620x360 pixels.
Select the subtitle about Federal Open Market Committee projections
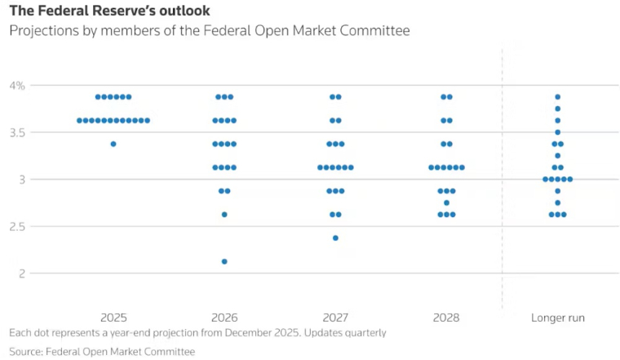[x=209, y=31]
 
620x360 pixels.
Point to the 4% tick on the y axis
[x=17, y=86]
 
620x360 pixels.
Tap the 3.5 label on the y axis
[x=17, y=132]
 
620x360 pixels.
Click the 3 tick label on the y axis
[x=22, y=180]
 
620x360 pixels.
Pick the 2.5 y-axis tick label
[x=17, y=226]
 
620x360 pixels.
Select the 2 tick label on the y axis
[x=22, y=273]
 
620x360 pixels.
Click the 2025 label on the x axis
[x=113, y=318]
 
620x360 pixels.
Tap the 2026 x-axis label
[x=224, y=318]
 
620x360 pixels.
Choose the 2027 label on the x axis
[x=335, y=318]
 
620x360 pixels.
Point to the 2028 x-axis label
[x=446, y=318]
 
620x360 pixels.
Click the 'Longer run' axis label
[x=557, y=318]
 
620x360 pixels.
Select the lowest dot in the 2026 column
[x=224, y=261]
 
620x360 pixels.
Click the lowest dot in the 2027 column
[x=335, y=238]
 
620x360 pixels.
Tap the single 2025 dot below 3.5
[x=113, y=144]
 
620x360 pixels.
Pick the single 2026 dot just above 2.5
[x=224, y=215]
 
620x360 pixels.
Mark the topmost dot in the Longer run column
[x=557, y=97]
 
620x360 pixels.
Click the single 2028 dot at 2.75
[x=446, y=202]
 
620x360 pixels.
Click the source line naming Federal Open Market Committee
[x=102, y=351]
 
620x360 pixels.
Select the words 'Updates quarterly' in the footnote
[x=343, y=333]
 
